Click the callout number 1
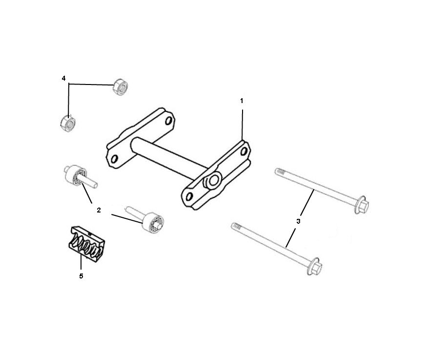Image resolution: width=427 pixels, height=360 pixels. [241, 101]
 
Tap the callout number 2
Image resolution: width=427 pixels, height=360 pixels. [99, 210]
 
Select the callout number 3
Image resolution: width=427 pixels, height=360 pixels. [298, 221]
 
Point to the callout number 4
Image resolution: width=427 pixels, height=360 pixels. [63, 78]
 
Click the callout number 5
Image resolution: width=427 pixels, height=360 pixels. [81, 276]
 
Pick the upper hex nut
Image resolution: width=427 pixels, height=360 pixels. [120, 87]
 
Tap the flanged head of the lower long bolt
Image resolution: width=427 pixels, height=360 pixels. [314, 267]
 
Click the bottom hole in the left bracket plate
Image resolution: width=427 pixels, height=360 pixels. [115, 158]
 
